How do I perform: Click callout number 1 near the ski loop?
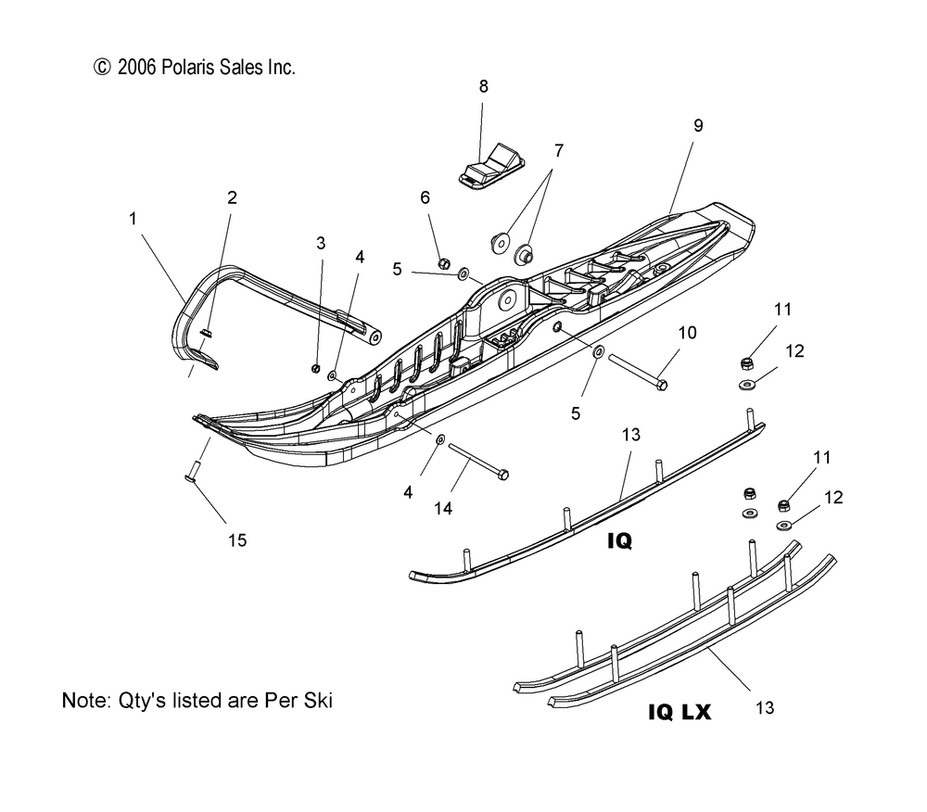[133, 219]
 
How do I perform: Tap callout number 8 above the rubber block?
[483, 86]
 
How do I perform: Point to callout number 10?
[687, 332]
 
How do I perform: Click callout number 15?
[238, 539]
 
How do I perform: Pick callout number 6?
[425, 197]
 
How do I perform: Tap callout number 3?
[321, 243]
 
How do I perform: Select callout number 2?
[232, 197]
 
